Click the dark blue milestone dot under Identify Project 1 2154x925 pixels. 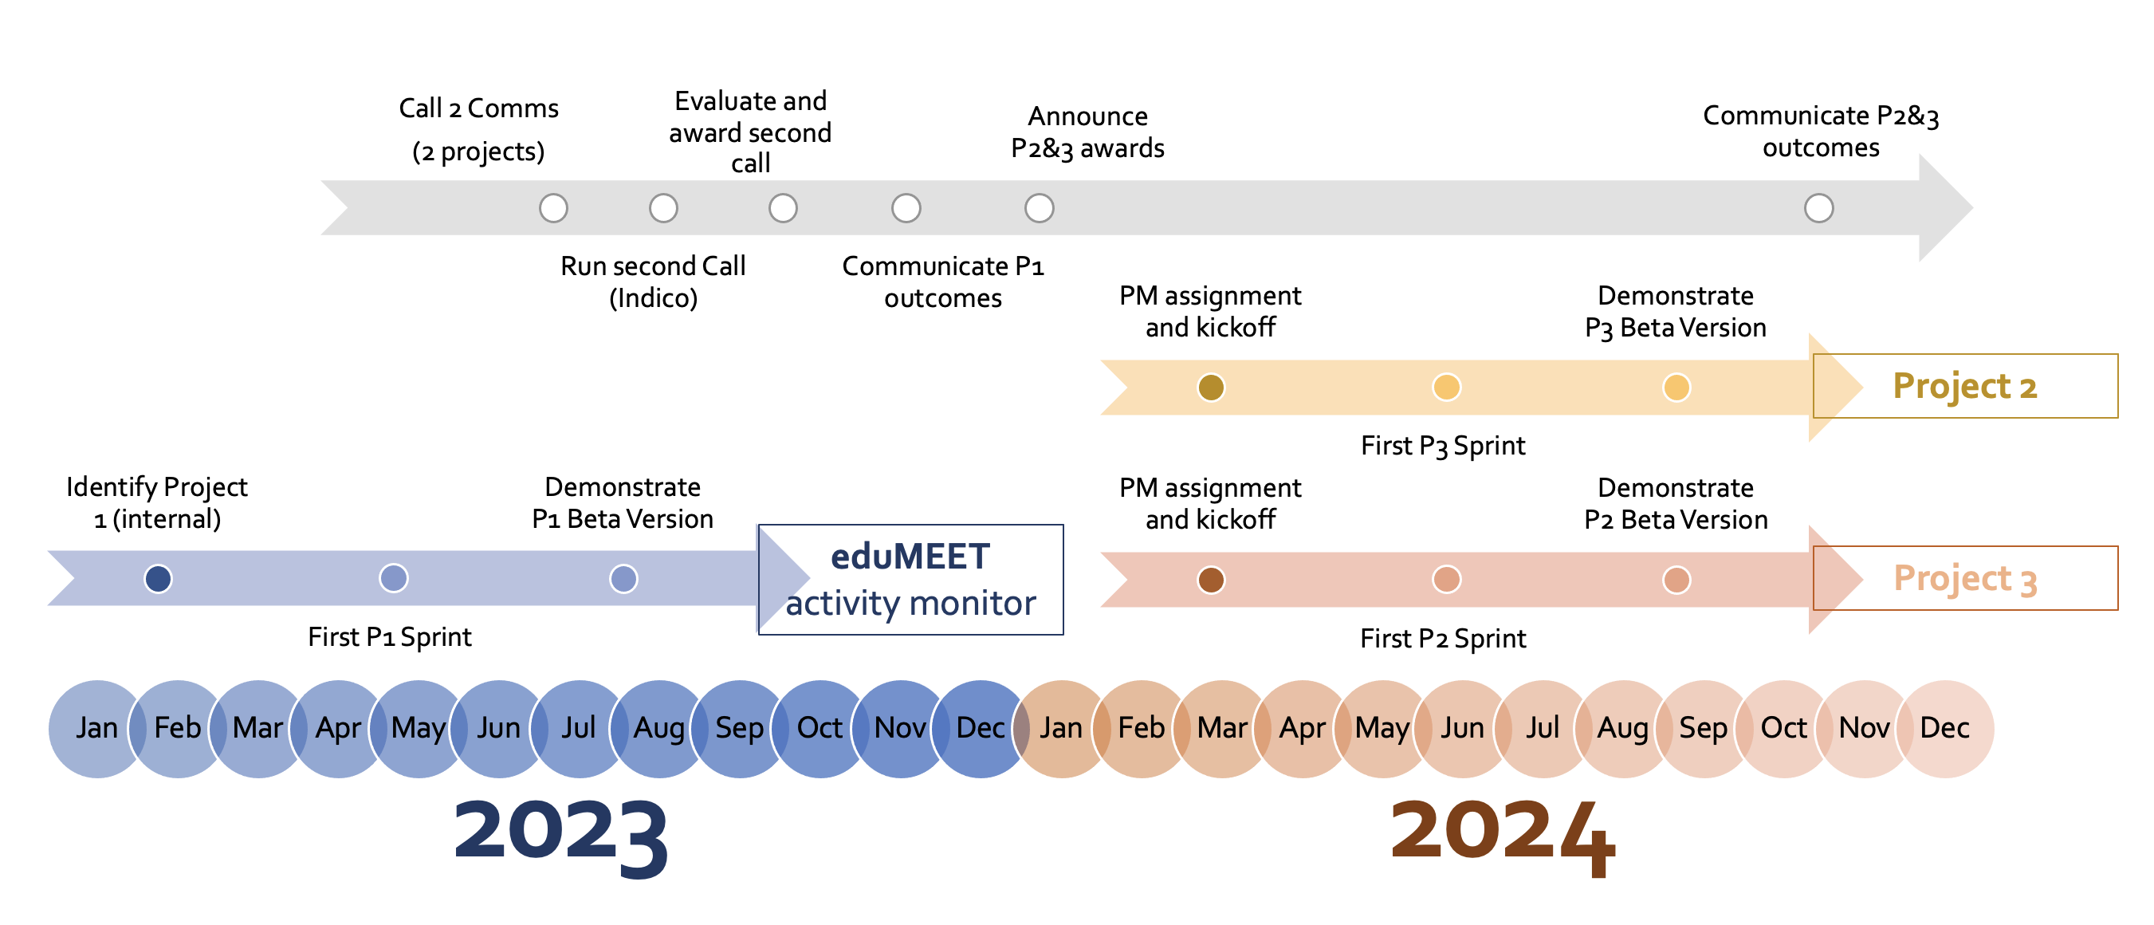(158, 578)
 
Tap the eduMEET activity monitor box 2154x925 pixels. (910, 580)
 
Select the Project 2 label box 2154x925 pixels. (1965, 386)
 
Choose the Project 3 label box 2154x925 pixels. (1965, 578)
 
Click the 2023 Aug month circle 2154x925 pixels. (659, 729)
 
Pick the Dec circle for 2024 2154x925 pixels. (1945, 729)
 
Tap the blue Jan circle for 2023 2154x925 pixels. (97, 729)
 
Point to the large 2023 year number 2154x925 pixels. (560, 833)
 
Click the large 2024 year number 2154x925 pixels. (1503, 833)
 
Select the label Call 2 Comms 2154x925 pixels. (478, 108)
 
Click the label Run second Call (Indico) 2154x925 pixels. (653, 281)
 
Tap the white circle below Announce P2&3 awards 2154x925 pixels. (1040, 207)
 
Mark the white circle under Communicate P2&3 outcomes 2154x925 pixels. (1818, 207)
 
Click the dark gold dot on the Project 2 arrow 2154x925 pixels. (1211, 388)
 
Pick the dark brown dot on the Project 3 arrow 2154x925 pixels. (1211, 580)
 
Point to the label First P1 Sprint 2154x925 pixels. (390, 637)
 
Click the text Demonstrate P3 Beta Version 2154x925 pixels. (1676, 311)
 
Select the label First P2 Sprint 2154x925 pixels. (1443, 639)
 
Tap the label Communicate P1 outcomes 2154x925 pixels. (942, 281)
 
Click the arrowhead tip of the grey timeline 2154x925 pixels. (1971, 207)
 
